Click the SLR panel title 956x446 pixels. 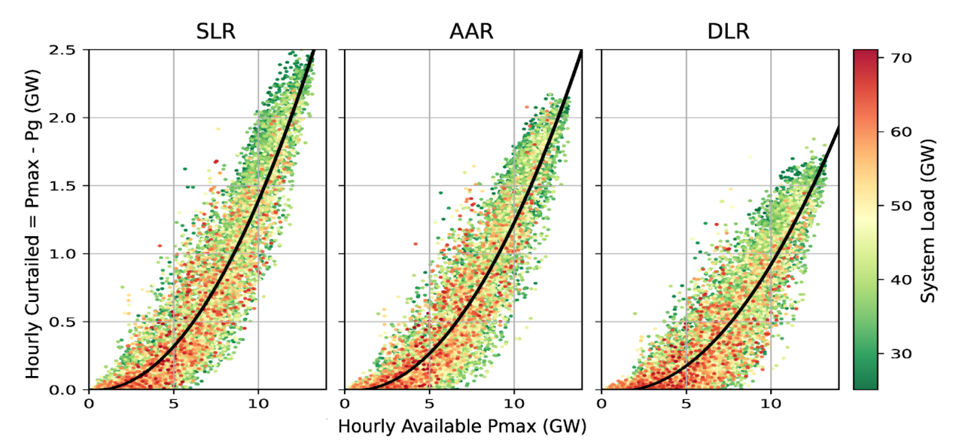pyautogui.click(x=216, y=31)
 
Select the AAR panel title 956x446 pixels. pyautogui.click(x=471, y=31)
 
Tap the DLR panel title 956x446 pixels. pyautogui.click(x=728, y=31)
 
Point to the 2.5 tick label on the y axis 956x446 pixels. pyautogui.click(x=63, y=50)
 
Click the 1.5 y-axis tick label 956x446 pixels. pyautogui.click(x=63, y=186)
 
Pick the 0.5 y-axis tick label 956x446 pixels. pyautogui.click(x=63, y=322)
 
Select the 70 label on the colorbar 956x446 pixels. pyautogui.click(x=901, y=58)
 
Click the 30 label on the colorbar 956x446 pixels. pyautogui.click(x=901, y=354)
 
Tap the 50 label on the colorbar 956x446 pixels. pyautogui.click(x=901, y=206)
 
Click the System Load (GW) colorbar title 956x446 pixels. pyautogui.click(x=927, y=221)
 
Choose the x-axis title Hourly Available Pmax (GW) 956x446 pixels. pyautogui.click(x=462, y=426)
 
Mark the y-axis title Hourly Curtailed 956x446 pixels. pyautogui.click(x=32, y=224)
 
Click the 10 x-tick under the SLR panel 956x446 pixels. pyautogui.click(x=258, y=404)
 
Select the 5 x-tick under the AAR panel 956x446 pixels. pyautogui.click(x=429, y=404)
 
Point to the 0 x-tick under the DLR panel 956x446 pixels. pyautogui.click(x=602, y=404)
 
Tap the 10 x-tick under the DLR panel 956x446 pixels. pyautogui.click(x=770, y=404)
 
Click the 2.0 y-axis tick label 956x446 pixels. pyautogui.click(x=63, y=118)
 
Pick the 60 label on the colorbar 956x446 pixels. pyautogui.click(x=901, y=132)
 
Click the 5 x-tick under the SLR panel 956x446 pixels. pyautogui.click(x=173, y=404)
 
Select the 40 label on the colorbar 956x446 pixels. pyautogui.click(x=901, y=280)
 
